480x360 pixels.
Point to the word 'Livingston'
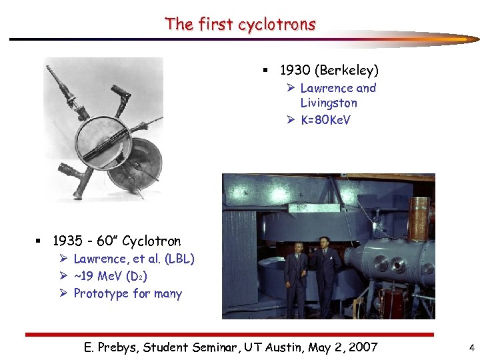329,103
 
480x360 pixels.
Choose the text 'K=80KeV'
325,120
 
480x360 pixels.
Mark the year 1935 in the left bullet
68,241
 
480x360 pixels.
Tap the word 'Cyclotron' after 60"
151,241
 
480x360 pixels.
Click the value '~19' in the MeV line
85,276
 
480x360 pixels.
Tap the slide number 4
471,347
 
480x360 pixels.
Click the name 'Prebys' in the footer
124,347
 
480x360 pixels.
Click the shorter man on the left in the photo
296,277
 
